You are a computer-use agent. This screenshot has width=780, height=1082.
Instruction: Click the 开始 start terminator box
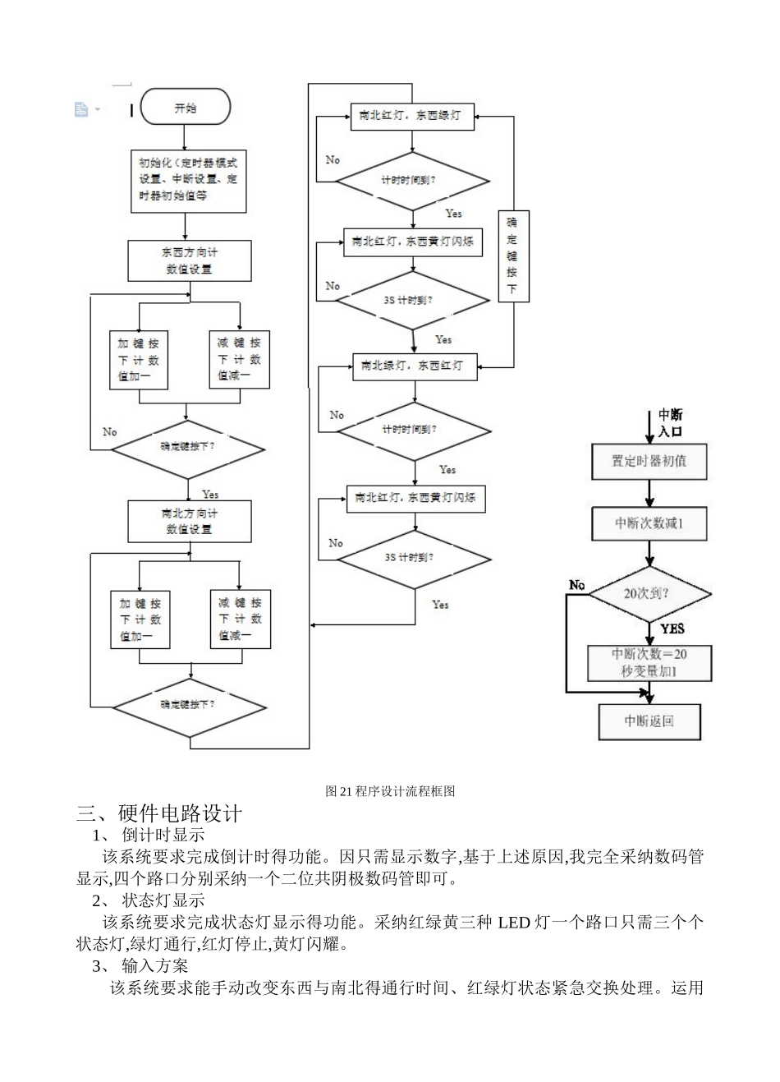[186, 108]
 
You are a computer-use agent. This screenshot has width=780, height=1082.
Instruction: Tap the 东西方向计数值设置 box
[189, 260]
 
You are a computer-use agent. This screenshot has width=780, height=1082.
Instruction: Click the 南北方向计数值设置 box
[189, 521]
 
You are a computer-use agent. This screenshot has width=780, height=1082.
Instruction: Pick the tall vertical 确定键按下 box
[512, 256]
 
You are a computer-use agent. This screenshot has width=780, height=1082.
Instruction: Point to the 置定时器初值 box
[649, 462]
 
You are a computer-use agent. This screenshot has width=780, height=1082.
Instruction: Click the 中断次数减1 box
[649, 523]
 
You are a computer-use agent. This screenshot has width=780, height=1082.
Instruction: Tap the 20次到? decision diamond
[649, 592]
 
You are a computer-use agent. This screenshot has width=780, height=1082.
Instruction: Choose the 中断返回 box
[649, 721]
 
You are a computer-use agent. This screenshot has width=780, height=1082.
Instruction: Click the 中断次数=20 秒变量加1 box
[649, 663]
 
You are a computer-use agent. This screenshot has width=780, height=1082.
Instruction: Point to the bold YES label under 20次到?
[672, 628]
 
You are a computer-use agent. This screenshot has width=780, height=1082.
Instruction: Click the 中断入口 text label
[670, 422]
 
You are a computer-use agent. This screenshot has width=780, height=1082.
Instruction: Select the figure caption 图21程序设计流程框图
[390, 791]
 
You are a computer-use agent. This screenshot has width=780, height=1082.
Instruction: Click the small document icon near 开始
[81, 108]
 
